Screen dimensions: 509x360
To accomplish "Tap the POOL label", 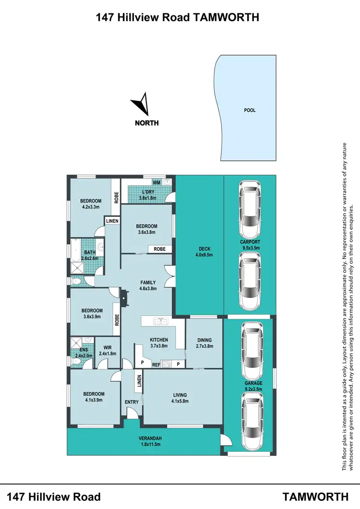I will coord(250,110).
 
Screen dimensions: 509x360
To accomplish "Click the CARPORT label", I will coord(250,242).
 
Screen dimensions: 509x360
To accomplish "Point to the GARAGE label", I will coord(253,383).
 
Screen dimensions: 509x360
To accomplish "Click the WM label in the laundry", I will coord(156,183).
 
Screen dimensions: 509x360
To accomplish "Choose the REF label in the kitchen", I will coord(156,365).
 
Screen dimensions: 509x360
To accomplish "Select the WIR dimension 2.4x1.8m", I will coord(107,354).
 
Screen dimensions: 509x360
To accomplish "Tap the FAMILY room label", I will coord(148,283).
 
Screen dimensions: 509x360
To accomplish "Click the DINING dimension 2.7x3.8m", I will coord(204,346).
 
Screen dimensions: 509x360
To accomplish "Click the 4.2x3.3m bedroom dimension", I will coord(90,207).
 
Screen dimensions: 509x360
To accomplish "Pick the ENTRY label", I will coord(132,402).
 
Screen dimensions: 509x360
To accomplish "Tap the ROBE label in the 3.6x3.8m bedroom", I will coord(159,249).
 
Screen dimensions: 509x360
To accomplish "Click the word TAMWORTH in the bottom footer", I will coord(316,496).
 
